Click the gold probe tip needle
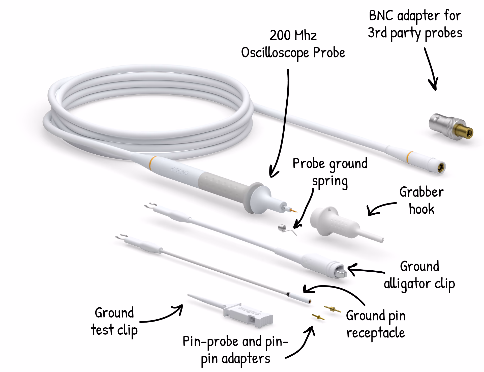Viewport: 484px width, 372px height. (294, 210)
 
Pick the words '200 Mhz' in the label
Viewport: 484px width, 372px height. (293, 35)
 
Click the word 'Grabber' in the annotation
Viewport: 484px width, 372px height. (421, 192)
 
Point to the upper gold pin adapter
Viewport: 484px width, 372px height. (332, 309)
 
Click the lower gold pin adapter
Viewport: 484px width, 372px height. (318, 317)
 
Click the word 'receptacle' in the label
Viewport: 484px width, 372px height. (376, 333)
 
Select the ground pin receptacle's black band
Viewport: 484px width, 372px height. (288, 294)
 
